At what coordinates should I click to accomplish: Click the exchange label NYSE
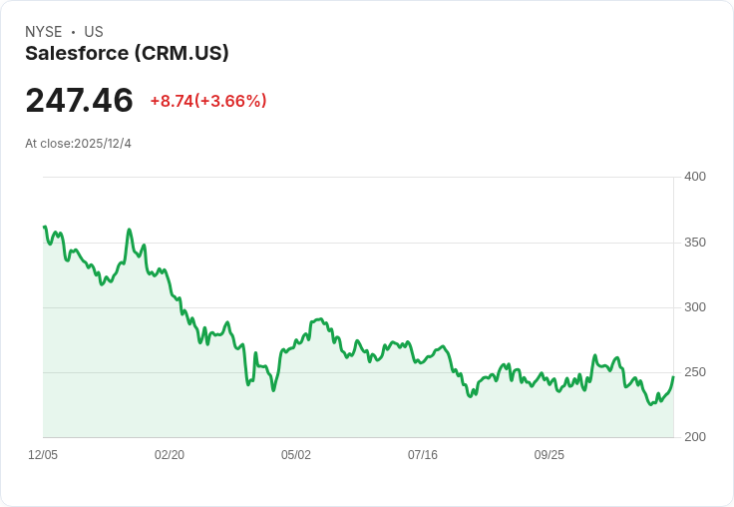pyautogui.click(x=44, y=32)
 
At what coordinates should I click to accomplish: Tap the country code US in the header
pyautogui.click(x=94, y=32)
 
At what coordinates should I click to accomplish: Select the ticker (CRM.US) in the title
pyautogui.click(x=182, y=53)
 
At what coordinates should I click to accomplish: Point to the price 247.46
pyautogui.click(x=79, y=101)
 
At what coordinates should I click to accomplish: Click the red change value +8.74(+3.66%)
pyautogui.click(x=208, y=101)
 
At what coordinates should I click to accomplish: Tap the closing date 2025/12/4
pyautogui.click(x=103, y=144)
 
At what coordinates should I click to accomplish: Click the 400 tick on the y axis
pyautogui.click(x=695, y=177)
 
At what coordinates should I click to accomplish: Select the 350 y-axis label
pyautogui.click(x=695, y=243)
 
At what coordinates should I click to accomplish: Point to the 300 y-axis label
pyautogui.click(x=695, y=307)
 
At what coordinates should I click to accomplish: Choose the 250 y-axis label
pyautogui.click(x=695, y=372)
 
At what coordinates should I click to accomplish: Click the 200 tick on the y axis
pyautogui.click(x=695, y=437)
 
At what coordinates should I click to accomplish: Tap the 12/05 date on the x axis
pyautogui.click(x=43, y=455)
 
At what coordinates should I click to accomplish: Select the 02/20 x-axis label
pyautogui.click(x=170, y=455)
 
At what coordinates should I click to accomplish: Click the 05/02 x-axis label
pyautogui.click(x=296, y=455)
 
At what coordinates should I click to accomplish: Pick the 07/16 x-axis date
pyautogui.click(x=423, y=455)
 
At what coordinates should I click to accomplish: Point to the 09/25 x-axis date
pyautogui.click(x=550, y=455)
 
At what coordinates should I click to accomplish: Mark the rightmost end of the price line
pyautogui.click(x=673, y=376)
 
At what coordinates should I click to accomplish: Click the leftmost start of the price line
pyautogui.click(x=45, y=227)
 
